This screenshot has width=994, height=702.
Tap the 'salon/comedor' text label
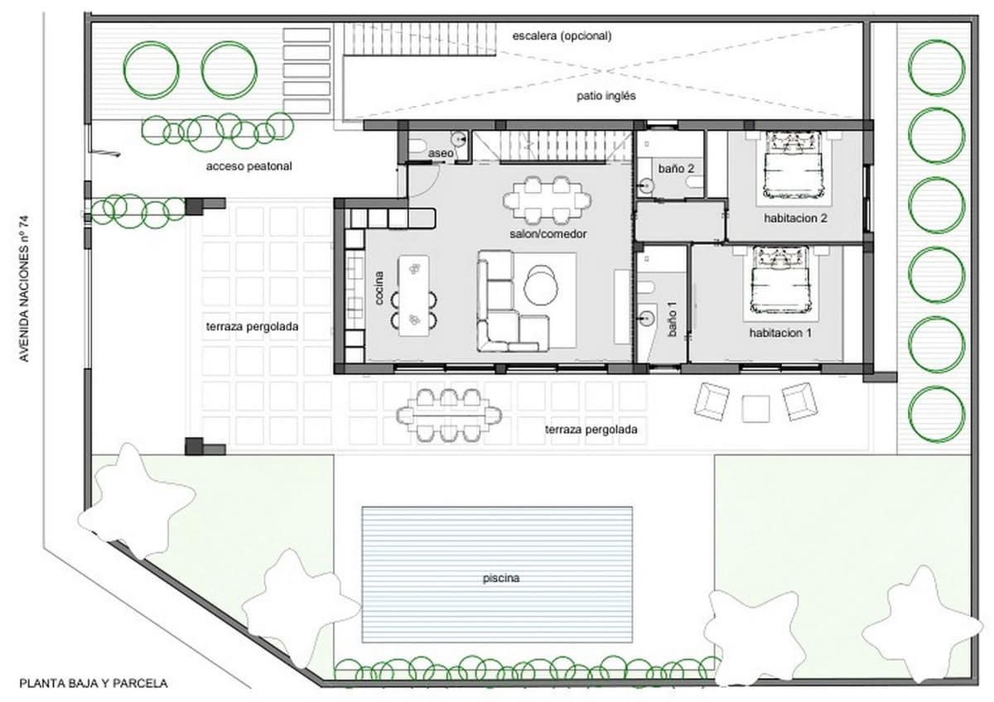point(548,234)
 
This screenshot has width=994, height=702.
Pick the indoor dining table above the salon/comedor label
point(548,199)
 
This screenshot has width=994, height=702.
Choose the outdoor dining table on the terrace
point(449,413)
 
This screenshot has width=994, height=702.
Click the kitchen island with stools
point(414,295)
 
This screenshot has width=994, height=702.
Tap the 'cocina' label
point(380,288)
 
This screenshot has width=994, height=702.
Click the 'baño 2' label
point(676,168)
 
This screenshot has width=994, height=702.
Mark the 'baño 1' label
point(673,320)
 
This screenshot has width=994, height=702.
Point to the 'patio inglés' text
point(606,96)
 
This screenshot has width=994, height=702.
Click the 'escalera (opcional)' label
point(562,36)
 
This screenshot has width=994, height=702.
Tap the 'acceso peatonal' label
point(248,166)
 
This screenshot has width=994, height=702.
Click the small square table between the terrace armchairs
point(755,408)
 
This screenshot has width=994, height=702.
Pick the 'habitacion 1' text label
point(779,333)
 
